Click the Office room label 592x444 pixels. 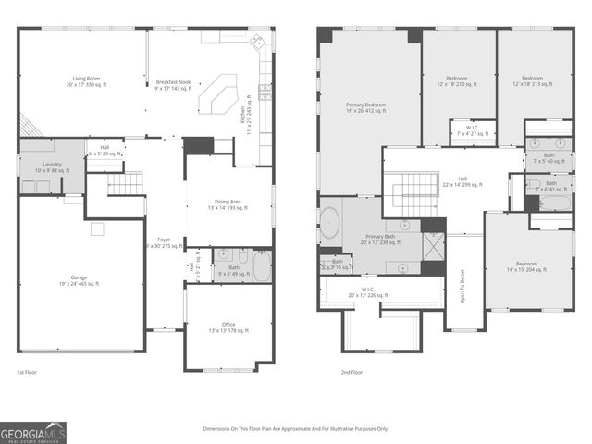(228, 328)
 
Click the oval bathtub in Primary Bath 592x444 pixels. (330, 222)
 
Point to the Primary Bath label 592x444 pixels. (379, 239)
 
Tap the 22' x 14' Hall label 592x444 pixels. (462, 182)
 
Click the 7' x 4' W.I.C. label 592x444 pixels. (473, 130)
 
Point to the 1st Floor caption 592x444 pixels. (27, 372)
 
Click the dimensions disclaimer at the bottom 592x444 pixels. (296, 428)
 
